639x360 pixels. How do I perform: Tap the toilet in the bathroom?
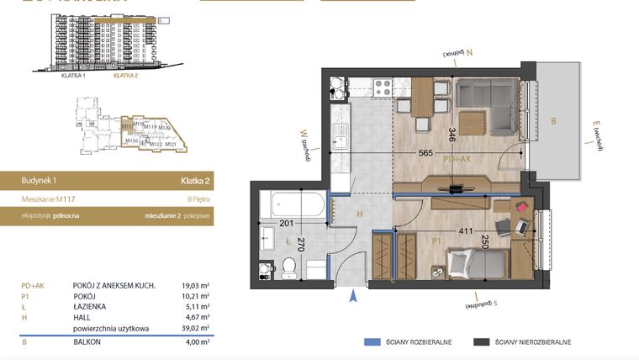coord(288,267)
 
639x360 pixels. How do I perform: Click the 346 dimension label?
coord(452,135)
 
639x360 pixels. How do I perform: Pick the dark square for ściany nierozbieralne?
coord(482,342)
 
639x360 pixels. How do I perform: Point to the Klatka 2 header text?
coord(195,180)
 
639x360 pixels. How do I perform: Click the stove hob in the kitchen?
coord(383,86)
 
